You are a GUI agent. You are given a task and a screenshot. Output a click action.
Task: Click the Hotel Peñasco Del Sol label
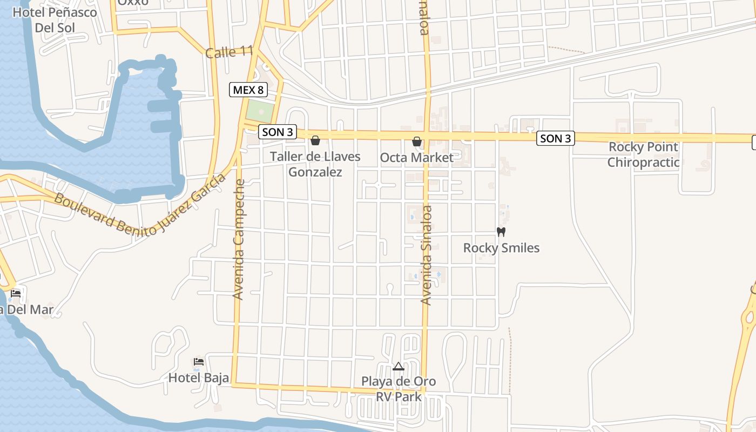click(x=55, y=19)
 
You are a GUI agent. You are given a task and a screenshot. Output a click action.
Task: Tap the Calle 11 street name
click(x=229, y=52)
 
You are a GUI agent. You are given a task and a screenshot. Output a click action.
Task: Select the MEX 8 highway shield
click(x=248, y=90)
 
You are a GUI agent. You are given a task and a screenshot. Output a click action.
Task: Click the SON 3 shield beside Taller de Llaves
click(x=278, y=132)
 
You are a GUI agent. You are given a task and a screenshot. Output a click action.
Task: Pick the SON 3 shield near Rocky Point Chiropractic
click(x=555, y=139)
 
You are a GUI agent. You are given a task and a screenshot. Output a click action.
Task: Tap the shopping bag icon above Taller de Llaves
click(x=315, y=141)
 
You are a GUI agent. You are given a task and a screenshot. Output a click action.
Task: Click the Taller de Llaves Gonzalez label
click(x=315, y=164)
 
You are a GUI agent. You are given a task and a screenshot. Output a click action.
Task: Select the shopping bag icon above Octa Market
click(x=417, y=141)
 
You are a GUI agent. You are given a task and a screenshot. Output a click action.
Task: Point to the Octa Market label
click(x=417, y=158)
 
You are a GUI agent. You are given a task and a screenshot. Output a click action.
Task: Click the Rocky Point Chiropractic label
click(x=643, y=154)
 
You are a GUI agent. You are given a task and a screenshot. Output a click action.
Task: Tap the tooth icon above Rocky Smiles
click(x=501, y=232)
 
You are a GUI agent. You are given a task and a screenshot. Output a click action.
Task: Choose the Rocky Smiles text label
click(x=501, y=248)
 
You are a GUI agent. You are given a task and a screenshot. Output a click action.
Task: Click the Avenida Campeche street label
click(x=239, y=239)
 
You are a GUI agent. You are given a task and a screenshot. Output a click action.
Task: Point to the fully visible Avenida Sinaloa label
click(x=427, y=255)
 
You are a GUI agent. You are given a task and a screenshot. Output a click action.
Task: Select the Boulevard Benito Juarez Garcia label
click(x=139, y=207)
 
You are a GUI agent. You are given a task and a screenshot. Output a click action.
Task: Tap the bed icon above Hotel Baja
click(x=199, y=361)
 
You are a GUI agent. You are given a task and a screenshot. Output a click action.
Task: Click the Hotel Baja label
click(x=199, y=377)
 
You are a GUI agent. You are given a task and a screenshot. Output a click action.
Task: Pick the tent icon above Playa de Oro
click(x=399, y=367)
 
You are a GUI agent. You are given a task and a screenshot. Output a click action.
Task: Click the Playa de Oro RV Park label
click(x=399, y=389)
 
